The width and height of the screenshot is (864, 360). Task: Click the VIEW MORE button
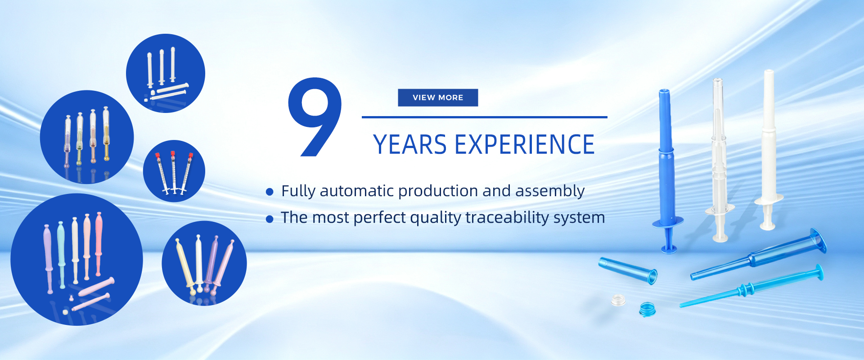[438, 98]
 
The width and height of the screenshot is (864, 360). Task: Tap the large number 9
[315, 117]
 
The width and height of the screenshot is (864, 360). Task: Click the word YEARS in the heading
[410, 144]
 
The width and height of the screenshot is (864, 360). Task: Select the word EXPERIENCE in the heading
[525, 144]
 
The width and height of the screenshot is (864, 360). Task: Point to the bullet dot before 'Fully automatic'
[270, 192]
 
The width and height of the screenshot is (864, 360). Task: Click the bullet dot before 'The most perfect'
[270, 219]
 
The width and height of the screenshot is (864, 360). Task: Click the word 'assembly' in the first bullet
[550, 192]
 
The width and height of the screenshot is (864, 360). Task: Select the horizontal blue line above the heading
[485, 117]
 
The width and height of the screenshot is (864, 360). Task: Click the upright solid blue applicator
[666, 171]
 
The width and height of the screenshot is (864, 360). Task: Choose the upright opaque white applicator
[768, 148]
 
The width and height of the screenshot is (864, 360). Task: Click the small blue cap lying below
[647, 310]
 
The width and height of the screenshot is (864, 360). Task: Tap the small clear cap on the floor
[618, 300]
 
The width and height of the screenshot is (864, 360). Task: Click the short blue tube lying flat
[628, 270]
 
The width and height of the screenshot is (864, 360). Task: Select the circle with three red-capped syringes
[174, 171]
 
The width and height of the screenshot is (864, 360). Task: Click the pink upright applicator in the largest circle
[99, 243]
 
